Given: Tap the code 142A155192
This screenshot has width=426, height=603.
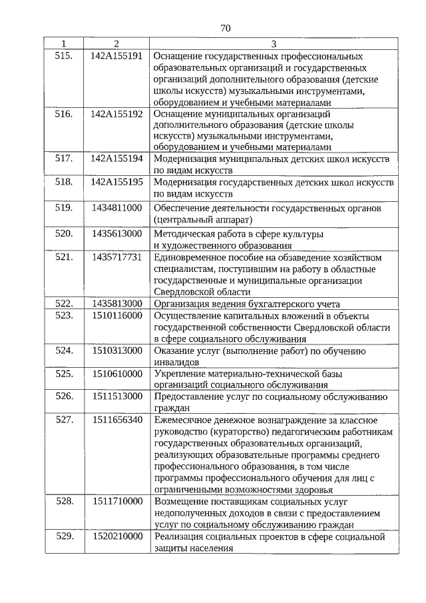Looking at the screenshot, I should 116,114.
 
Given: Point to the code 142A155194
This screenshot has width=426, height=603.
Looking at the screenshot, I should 116,161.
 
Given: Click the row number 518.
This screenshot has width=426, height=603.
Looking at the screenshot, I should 63,182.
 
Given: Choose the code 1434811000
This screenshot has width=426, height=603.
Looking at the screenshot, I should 117,208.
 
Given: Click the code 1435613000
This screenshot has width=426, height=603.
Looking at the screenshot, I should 117,234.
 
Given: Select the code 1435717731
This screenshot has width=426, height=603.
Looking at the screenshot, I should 117,257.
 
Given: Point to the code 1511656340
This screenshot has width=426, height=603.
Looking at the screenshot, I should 117,420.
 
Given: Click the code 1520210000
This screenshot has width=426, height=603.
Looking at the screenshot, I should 117,536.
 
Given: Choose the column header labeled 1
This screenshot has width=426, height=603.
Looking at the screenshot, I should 63,44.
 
